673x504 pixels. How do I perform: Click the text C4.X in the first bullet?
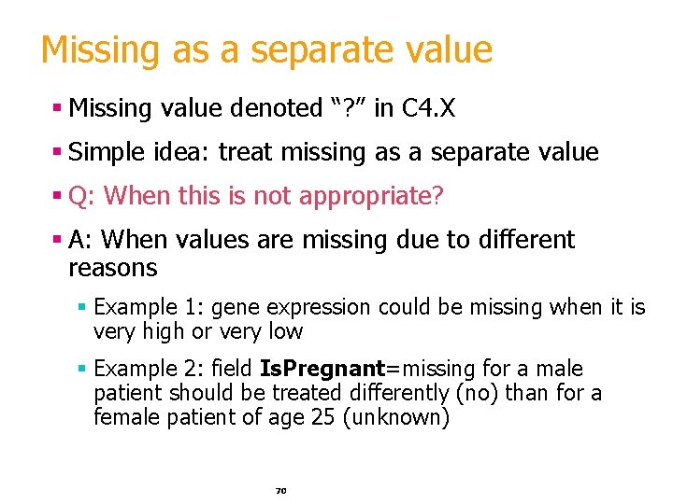coord(428,108)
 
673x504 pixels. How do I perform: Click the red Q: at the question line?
coord(79,196)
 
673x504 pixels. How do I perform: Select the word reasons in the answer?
coord(113,269)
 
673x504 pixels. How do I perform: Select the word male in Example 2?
coord(561,369)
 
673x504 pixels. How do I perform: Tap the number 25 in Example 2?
coord(322,417)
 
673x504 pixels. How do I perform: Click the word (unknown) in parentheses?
coord(396,417)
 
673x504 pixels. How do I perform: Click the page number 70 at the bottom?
coord(279,489)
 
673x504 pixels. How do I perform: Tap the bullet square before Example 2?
coord(82,369)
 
